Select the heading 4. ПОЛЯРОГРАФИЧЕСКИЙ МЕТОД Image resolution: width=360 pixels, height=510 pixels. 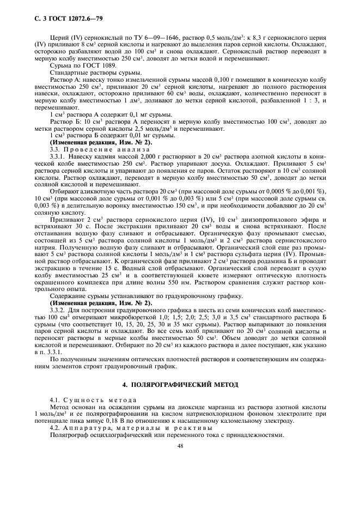[x=180, y=384]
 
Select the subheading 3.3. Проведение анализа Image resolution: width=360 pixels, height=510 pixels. [x=88, y=149]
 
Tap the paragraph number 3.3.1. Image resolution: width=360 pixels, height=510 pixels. [x=57, y=156]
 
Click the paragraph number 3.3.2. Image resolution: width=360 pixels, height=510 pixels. [x=57, y=318]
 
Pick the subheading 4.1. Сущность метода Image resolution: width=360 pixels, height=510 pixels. [x=89, y=400]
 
